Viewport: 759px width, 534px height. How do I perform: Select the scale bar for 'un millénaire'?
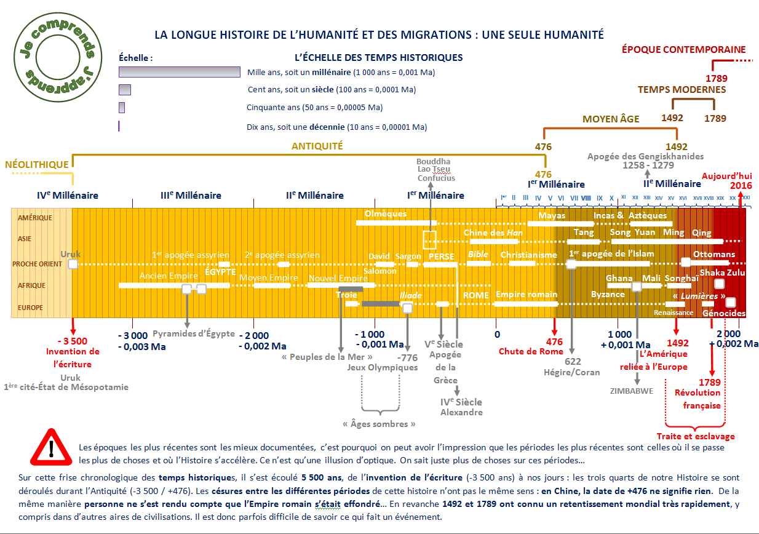coord(179,72)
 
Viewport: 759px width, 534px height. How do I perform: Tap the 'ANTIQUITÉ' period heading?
coord(317,146)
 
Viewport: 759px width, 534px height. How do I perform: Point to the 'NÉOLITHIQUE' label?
coord(36,165)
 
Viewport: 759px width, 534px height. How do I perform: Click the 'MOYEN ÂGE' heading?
coord(611,119)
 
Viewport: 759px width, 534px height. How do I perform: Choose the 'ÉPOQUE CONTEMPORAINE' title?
coord(683,49)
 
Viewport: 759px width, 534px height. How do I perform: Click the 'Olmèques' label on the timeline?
coord(386,214)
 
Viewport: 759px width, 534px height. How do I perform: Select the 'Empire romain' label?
coord(527,295)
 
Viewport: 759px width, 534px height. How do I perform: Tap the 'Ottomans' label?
coord(713,254)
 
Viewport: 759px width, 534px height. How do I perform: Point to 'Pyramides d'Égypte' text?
coord(194,333)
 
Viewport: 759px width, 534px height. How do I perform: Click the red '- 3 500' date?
coord(72,341)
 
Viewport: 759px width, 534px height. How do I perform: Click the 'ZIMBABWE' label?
coord(631,391)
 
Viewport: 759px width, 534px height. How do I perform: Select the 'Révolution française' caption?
coord(701,399)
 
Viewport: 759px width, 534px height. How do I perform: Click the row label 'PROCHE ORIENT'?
coord(38,264)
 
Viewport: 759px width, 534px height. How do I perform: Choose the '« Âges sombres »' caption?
coord(378,424)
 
